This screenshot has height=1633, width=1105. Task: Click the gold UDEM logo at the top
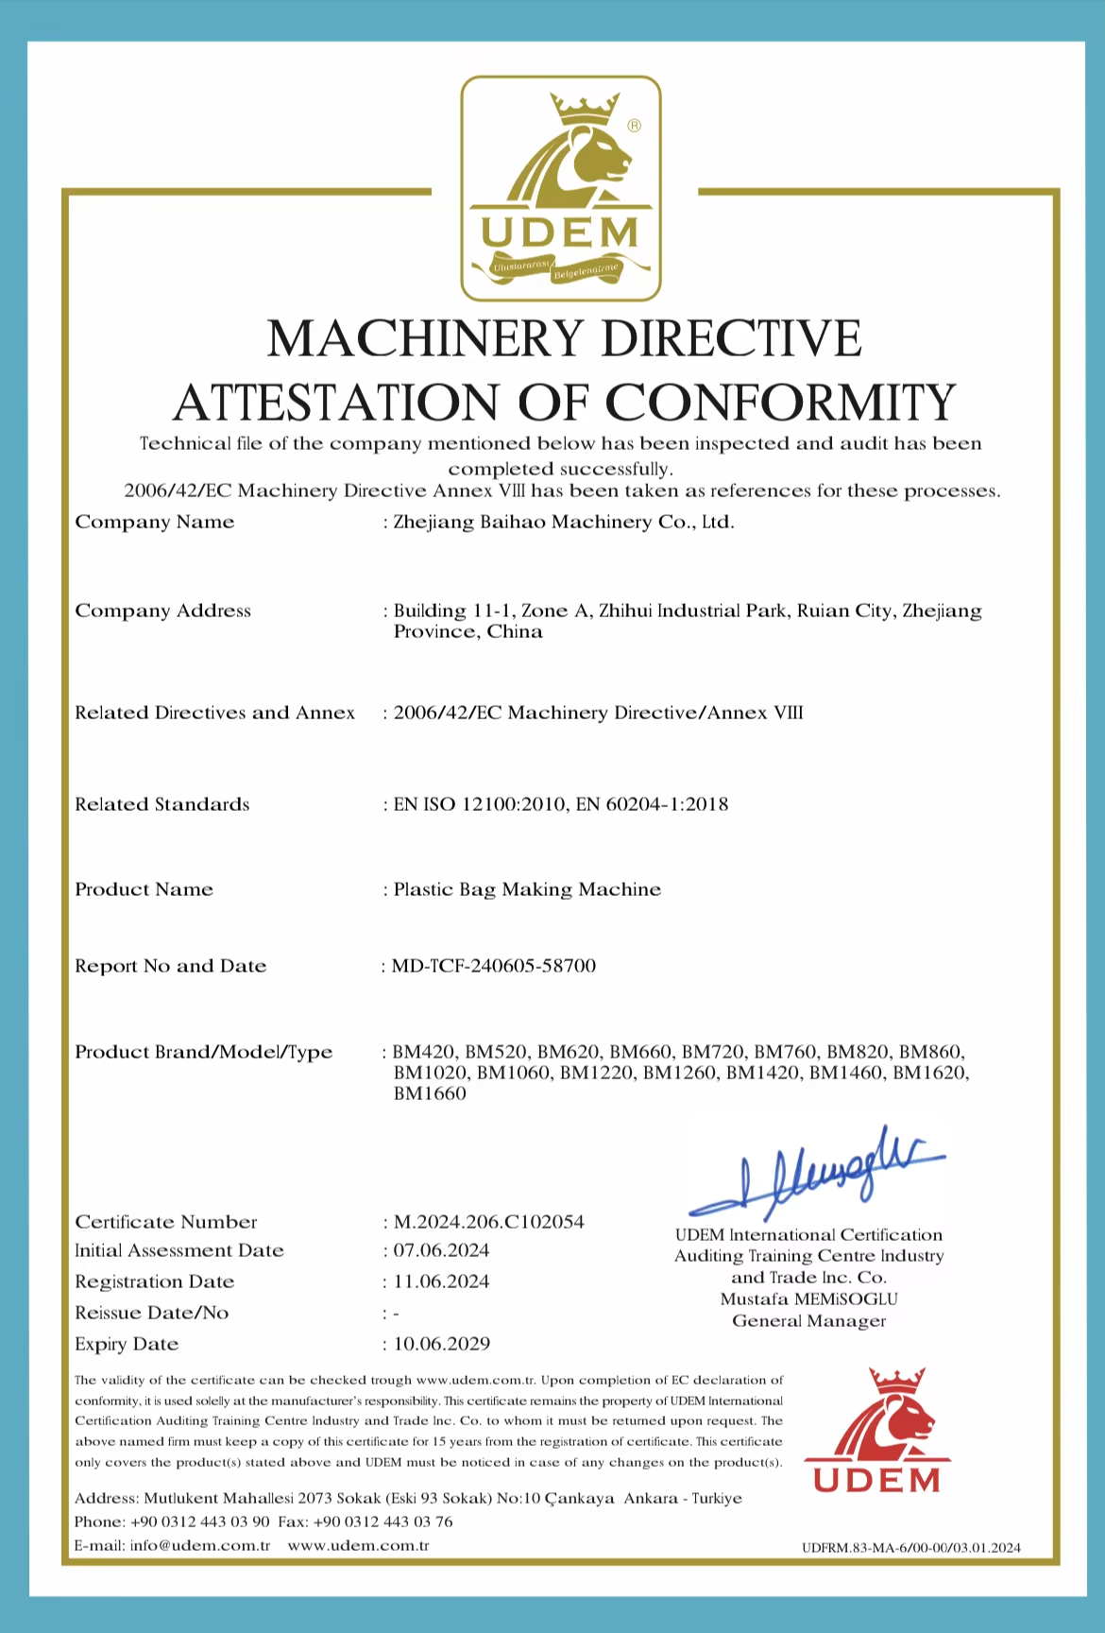click(560, 189)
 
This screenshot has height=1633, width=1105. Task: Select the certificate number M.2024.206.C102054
click(488, 1222)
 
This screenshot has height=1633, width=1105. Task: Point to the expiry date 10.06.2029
click(441, 1344)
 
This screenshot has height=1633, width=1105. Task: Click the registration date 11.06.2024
click(441, 1281)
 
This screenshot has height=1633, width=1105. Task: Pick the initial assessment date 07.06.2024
click(441, 1250)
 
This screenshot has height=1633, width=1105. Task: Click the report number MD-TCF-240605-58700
click(494, 966)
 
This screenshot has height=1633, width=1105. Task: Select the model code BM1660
click(430, 1093)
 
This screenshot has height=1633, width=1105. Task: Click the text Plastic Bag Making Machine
click(527, 889)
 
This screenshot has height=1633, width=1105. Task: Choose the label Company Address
click(163, 610)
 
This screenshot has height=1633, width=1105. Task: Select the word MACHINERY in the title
click(425, 338)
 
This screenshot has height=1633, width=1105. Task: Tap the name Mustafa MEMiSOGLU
click(808, 1299)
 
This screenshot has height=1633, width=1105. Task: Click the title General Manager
click(808, 1321)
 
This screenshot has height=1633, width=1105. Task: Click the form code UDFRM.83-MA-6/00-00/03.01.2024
click(910, 1548)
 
